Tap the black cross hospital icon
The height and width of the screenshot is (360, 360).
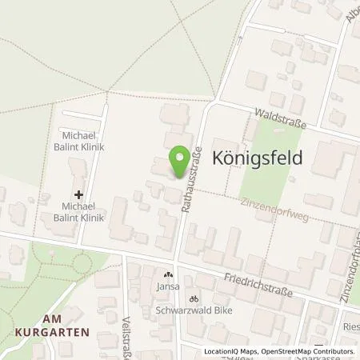click(78, 194)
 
